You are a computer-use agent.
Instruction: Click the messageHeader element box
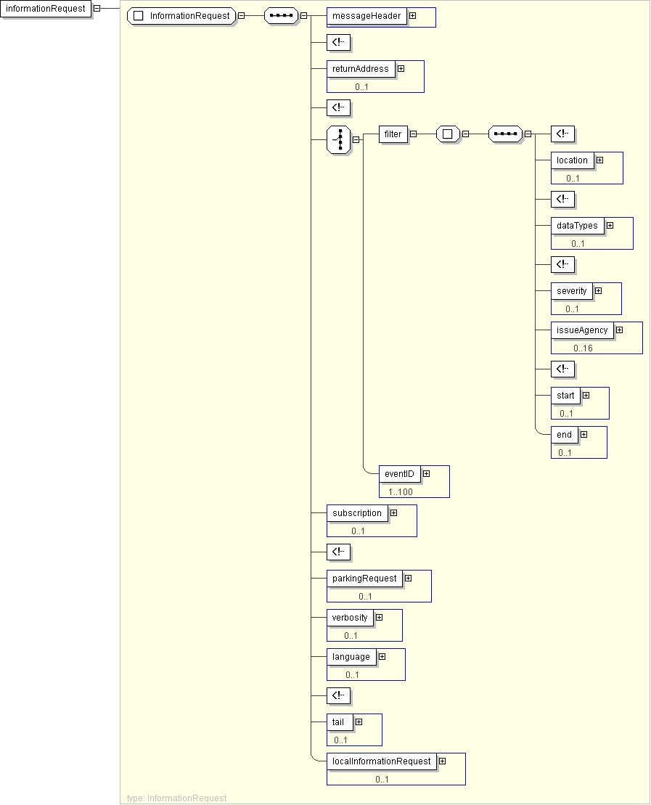tap(367, 16)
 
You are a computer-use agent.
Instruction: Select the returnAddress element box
tap(361, 69)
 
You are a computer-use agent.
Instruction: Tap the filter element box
tap(393, 134)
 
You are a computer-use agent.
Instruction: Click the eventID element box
tap(399, 474)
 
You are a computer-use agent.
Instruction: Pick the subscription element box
tap(356, 513)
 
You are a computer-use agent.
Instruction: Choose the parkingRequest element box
tap(364, 579)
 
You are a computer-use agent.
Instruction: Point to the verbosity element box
tap(350, 618)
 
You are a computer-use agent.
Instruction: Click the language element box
tap(351, 657)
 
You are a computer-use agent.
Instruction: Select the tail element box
tap(339, 722)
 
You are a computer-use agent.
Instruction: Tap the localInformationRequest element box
tap(381, 761)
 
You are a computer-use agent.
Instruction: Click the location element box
tap(572, 160)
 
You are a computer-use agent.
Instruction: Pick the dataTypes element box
tap(577, 226)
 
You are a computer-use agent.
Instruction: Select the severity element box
tap(571, 291)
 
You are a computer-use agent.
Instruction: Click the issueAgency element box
tap(582, 330)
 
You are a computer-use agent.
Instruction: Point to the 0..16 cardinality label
tap(583, 348)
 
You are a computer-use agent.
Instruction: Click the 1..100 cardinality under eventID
tap(400, 492)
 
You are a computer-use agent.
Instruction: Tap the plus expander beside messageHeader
tap(412, 15)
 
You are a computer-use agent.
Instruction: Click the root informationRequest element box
tap(46, 9)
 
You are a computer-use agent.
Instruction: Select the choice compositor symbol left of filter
tap(339, 140)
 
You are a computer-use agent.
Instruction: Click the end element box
tap(564, 435)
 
